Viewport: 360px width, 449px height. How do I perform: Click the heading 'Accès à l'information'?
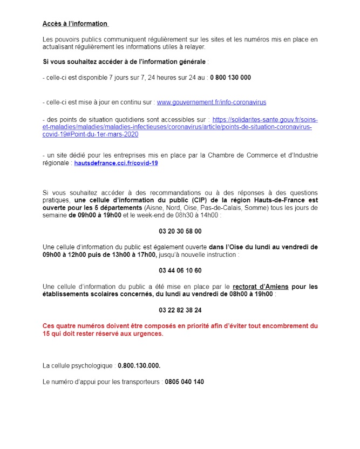[75, 24]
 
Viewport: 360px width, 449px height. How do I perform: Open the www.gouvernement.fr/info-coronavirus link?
[211, 102]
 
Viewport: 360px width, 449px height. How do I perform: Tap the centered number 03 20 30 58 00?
[180, 232]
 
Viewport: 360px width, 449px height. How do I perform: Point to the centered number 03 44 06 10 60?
[180, 270]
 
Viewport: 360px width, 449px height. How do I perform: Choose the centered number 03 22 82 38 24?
[180, 310]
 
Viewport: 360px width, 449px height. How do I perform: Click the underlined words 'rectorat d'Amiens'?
[261, 287]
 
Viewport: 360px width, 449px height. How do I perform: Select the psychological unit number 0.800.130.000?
[139, 365]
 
